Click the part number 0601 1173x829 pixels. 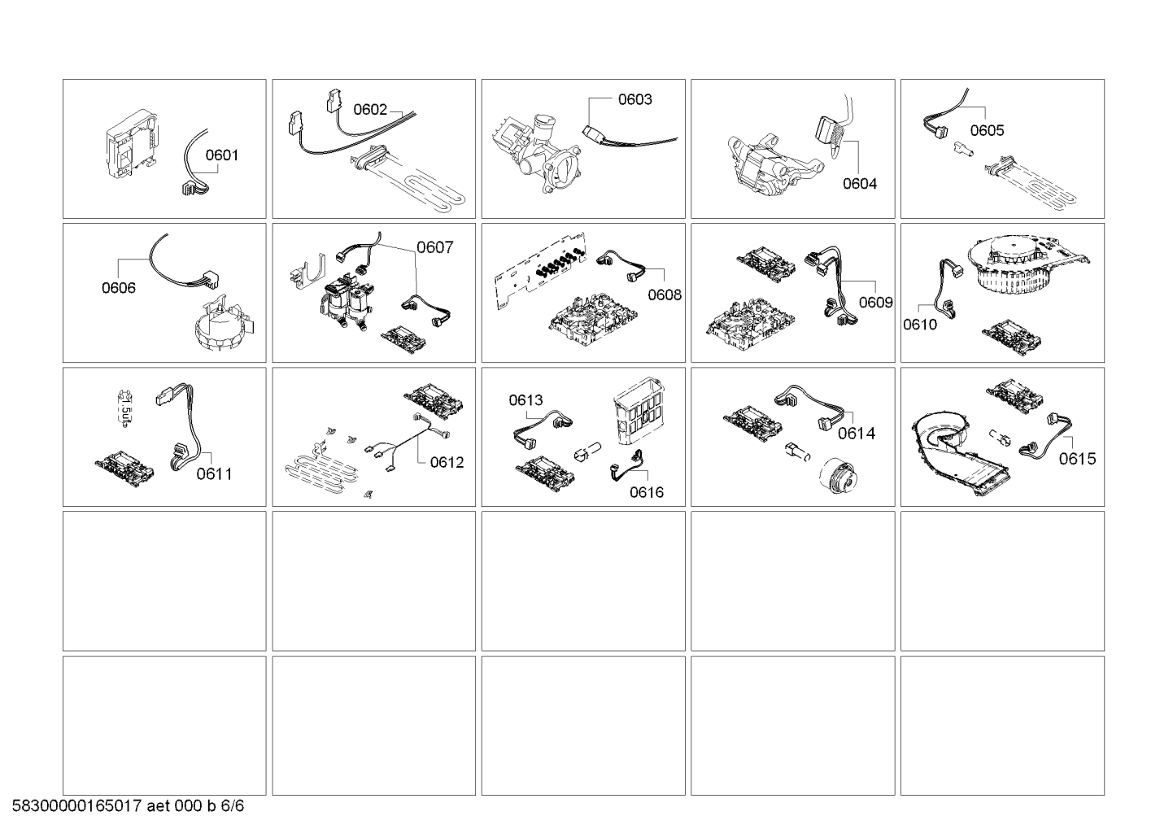[x=221, y=155]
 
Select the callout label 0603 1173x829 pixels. [x=634, y=99]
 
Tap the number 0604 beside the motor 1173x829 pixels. [x=859, y=184]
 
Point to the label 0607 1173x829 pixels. [x=434, y=247]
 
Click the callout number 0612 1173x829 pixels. [x=447, y=462]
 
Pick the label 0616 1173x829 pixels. [x=646, y=492]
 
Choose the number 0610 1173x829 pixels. [x=919, y=325]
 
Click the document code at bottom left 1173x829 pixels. [x=128, y=806]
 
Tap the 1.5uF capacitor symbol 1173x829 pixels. [x=124, y=408]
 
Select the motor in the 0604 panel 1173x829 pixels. [x=776, y=165]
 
